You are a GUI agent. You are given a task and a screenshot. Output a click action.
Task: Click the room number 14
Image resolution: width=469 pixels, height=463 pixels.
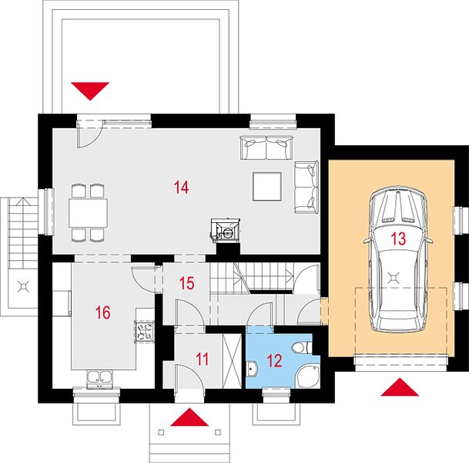181,188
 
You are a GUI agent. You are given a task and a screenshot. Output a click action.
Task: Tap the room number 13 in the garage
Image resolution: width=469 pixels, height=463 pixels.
398,238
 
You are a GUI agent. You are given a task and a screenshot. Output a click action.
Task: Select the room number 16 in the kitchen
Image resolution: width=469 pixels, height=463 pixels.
102,313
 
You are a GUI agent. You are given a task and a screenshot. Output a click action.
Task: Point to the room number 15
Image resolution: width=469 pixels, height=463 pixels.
186,283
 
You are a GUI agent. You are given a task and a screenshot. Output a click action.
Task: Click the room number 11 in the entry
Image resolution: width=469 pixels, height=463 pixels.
203,359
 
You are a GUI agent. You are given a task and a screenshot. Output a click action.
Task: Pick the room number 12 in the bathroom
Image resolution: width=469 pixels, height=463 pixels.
274,361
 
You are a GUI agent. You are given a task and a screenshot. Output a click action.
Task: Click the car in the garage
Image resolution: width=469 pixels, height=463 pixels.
398,259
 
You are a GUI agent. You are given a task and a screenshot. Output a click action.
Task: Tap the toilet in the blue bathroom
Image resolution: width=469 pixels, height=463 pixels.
303,348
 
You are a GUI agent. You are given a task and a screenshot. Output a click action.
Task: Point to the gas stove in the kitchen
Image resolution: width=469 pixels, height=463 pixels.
145,331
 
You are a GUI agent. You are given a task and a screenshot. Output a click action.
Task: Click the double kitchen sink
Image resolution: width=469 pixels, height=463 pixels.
99,379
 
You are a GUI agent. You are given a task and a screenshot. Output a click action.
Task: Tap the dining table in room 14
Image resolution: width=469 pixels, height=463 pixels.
89,213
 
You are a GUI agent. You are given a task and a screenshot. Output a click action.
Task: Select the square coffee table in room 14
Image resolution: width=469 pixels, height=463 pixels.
267,187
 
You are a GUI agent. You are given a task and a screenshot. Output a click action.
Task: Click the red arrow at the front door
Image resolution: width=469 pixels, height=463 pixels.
189,417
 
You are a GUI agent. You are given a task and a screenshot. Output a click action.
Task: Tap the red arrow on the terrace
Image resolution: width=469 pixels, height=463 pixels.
90,91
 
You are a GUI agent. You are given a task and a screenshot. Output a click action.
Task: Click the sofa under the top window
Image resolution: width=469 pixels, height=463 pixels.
266,147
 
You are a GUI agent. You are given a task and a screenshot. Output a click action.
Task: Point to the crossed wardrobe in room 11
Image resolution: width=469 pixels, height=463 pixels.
232,361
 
